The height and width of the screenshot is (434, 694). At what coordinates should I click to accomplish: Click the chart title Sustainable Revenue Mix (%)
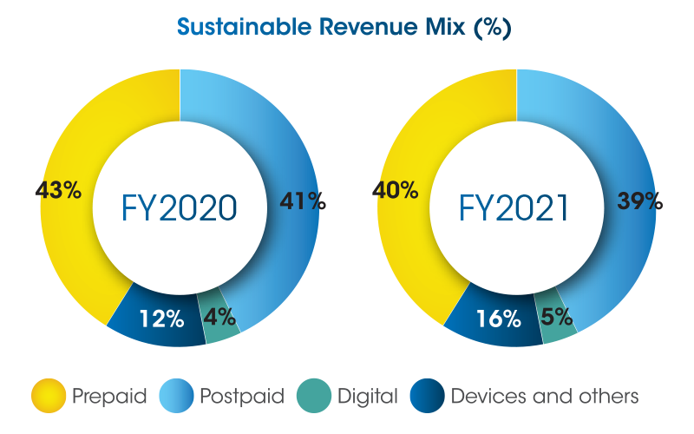tap(344, 26)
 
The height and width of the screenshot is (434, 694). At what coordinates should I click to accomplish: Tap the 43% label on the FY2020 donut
tap(59, 190)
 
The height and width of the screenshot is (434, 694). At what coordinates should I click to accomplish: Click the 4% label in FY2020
tap(221, 317)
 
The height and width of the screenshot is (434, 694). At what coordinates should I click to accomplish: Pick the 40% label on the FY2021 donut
tap(395, 190)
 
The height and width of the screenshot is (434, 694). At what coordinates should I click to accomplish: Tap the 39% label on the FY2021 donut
tap(639, 201)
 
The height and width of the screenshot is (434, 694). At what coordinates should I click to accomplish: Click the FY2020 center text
tap(178, 209)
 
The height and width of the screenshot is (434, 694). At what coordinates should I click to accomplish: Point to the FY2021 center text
tap(514, 209)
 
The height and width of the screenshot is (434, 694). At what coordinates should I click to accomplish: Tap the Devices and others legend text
tap(545, 398)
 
